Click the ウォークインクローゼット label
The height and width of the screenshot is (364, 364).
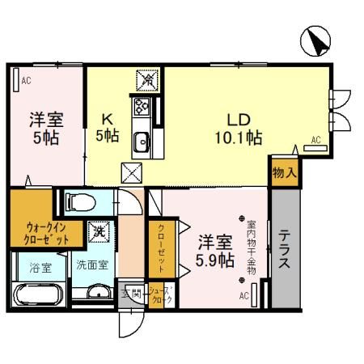point(45,233)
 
